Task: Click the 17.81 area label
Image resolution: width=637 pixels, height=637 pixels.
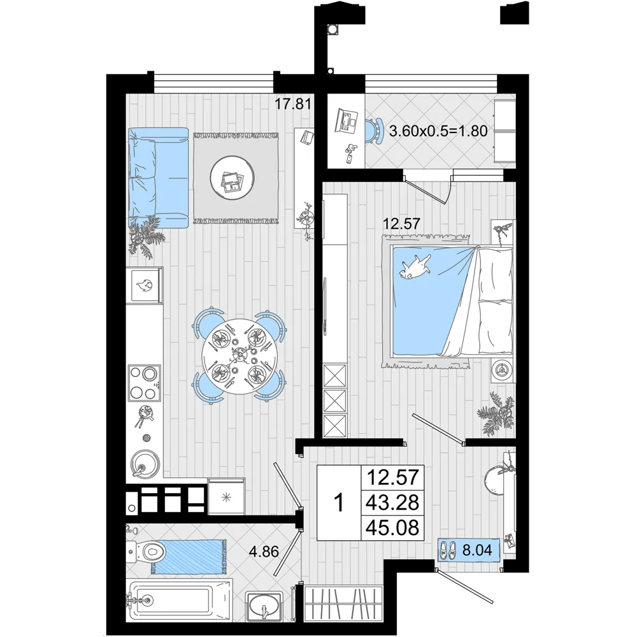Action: tap(293, 104)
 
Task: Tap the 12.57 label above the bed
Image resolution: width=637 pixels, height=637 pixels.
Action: tap(401, 224)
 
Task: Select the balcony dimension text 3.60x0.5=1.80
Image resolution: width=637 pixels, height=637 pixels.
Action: tap(438, 131)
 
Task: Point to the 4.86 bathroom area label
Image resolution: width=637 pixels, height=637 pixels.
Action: tap(264, 552)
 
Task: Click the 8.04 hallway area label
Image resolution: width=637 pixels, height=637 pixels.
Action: tap(477, 550)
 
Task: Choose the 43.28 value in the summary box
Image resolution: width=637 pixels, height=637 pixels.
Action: tap(392, 503)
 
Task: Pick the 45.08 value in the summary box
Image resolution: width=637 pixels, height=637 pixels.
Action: tap(392, 527)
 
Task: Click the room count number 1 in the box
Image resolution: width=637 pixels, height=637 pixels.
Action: tap(338, 503)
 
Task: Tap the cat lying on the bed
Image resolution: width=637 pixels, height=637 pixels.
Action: tap(415, 267)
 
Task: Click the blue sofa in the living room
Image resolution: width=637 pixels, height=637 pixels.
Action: tap(159, 178)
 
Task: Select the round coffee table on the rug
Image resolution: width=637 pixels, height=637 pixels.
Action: tap(233, 178)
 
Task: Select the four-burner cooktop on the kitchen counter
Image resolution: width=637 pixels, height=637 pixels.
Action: tap(144, 382)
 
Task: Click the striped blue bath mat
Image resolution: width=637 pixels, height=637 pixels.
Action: tap(189, 556)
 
